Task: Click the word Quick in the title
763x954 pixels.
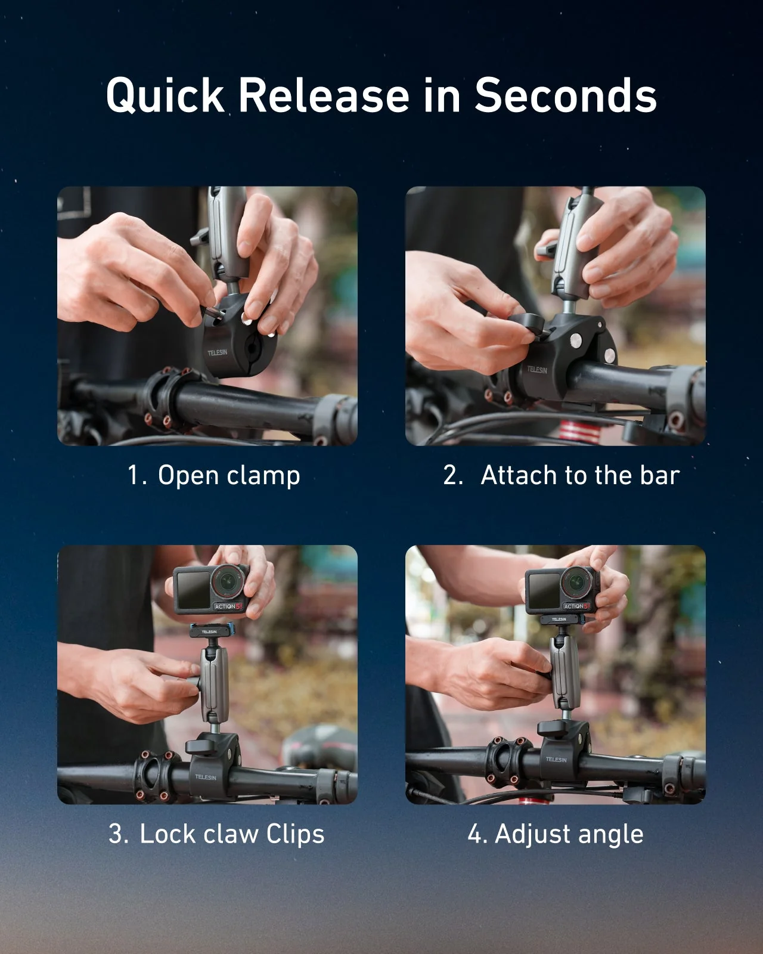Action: click(x=165, y=95)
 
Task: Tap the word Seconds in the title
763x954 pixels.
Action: click(x=565, y=95)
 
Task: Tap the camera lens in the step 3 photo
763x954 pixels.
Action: click(x=227, y=580)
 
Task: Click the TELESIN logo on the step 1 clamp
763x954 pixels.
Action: click(x=217, y=352)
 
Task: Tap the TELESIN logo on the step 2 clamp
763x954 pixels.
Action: click(x=536, y=370)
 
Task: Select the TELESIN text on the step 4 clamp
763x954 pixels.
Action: click(x=556, y=759)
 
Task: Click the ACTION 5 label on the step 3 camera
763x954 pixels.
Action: click(x=229, y=606)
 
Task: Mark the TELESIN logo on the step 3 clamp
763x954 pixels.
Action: click(x=206, y=777)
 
